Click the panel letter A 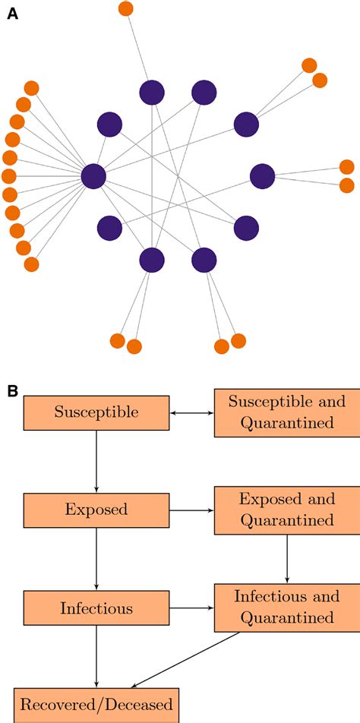13,14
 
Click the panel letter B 13,390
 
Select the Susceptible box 96,412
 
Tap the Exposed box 96,510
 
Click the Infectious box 96,608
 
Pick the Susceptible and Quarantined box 286,412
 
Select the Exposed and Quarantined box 286,510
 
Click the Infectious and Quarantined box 286,608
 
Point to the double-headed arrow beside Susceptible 191,413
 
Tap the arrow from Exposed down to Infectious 96,559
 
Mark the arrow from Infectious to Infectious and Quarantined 191,608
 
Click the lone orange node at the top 126,9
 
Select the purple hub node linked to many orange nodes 93,176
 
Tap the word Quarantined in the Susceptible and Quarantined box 286,423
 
